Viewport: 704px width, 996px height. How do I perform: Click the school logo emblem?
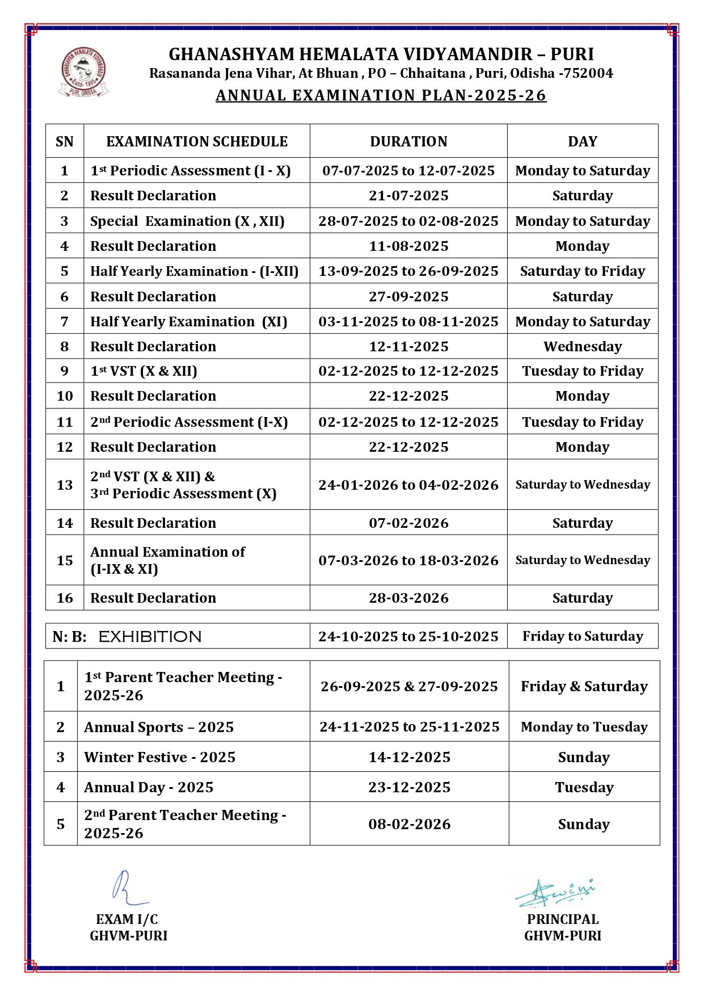[x=83, y=72]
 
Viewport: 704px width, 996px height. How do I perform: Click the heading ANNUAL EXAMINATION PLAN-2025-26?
[x=381, y=95]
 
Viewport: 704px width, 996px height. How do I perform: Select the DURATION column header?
[x=408, y=141]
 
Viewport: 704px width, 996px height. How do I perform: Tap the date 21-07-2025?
[x=408, y=196]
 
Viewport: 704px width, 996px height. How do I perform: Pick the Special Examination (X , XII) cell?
[x=187, y=221]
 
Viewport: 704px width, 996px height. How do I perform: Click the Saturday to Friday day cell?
[x=583, y=271]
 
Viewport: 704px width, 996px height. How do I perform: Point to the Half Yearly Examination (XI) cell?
[x=189, y=322]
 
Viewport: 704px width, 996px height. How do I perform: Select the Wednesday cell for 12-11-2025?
[x=583, y=346]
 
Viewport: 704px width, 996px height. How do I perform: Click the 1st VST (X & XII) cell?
[x=144, y=371]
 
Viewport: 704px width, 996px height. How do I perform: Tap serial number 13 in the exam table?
[x=65, y=485]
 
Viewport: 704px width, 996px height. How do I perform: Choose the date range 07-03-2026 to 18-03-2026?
[x=408, y=561]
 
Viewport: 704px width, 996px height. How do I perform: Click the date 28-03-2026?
[x=408, y=598]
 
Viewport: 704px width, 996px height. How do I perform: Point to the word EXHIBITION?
[x=150, y=637]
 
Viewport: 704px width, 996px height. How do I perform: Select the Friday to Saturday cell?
[x=583, y=637]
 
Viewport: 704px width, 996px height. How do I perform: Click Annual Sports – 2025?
[x=159, y=727]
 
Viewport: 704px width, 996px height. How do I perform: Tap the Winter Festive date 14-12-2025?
[x=409, y=757]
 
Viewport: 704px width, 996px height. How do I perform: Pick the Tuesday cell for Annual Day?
[x=584, y=787]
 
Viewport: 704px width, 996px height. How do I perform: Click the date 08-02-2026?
[x=409, y=824]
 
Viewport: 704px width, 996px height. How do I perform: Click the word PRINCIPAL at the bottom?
[x=562, y=919]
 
